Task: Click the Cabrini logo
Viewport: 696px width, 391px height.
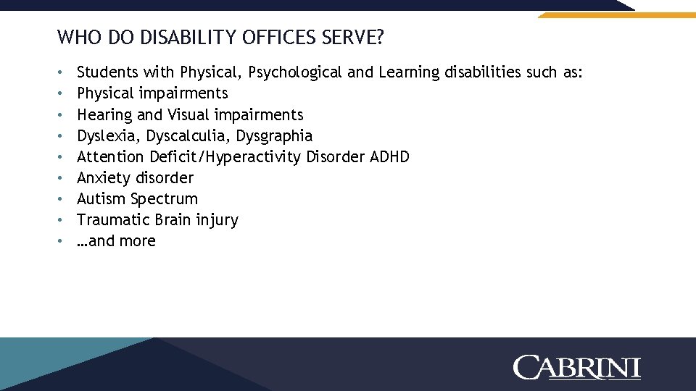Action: (577, 367)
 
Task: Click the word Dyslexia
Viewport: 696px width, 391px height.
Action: (107, 135)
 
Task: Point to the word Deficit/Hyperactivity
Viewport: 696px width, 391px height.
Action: (225, 156)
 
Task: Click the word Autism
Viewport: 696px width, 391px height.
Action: (101, 198)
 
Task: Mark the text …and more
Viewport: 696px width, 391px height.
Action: (116, 241)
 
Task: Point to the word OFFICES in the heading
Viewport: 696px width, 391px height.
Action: (274, 37)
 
